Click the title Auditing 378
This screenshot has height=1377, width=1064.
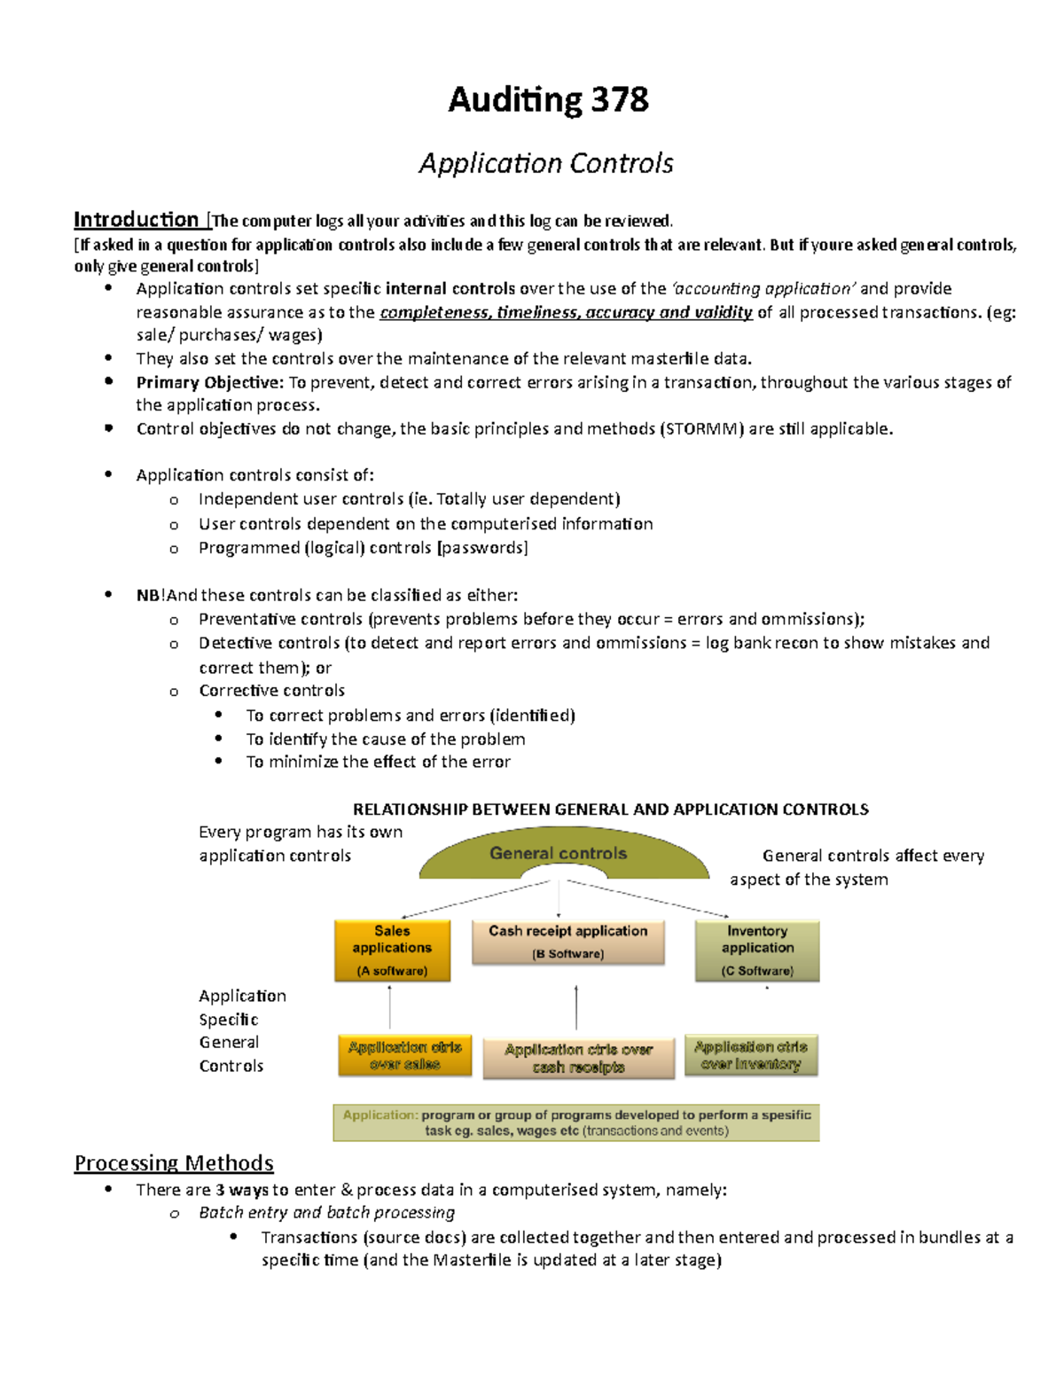pos(548,99)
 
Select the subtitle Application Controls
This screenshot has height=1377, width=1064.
pos(546,163)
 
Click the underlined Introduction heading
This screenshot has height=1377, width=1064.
pos(136,219)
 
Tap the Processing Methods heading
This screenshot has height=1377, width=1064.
pos(174,1162)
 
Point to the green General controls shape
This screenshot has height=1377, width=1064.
pos(559,853)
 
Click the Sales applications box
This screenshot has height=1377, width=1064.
pos(392,950)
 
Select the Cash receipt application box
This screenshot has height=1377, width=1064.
pos(567,942)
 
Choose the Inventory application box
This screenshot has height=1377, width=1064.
pos(757,950)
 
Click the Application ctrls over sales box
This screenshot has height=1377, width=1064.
pos(404,1055)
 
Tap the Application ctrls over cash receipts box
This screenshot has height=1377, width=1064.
pos(578,1059)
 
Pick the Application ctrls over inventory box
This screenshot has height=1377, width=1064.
pos(751,1055)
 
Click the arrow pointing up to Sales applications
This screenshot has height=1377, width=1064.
pos(390,1007)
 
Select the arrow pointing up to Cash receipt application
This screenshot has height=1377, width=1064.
pos(576,1007)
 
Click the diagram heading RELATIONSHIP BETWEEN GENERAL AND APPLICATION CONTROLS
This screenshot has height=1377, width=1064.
pos(610,809)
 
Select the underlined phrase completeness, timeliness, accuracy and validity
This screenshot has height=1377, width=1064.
pos(566,312)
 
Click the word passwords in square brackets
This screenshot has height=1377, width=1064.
pos(482,548)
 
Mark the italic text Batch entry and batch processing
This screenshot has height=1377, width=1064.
pos(326,1212)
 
